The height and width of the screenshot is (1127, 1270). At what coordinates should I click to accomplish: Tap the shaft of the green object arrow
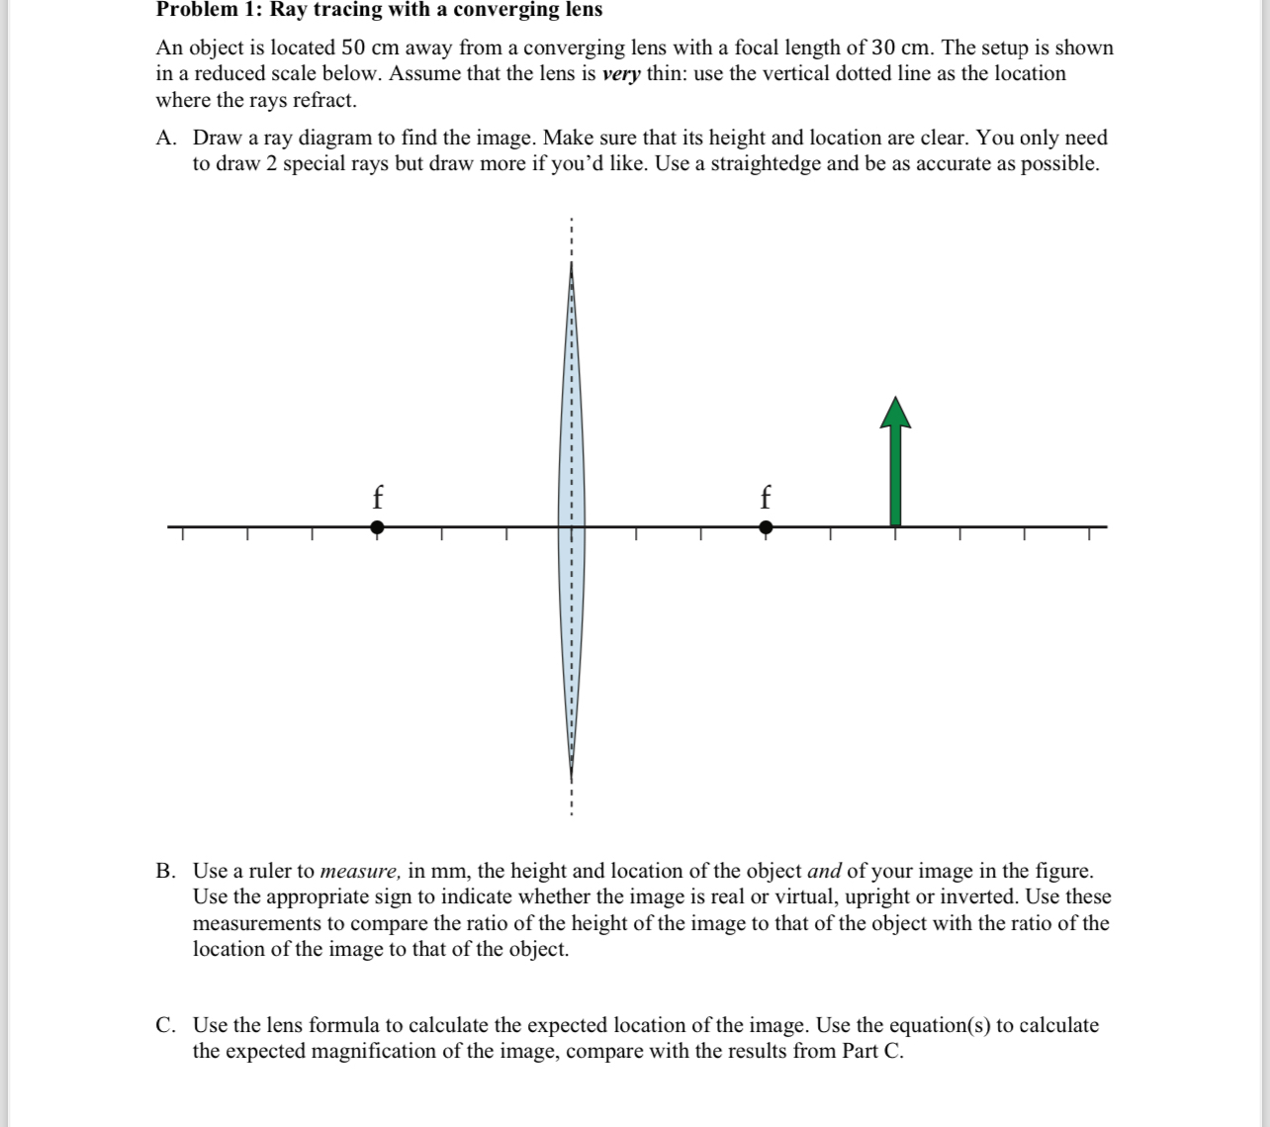(895, 475)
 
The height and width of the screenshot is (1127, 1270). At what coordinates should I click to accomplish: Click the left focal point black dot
(377, 527)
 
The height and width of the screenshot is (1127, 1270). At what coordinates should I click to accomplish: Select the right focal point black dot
(766, 527)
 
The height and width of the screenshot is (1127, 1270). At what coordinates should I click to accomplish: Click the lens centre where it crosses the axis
(571, 526)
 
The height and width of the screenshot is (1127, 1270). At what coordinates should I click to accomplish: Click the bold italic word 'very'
(621, 74)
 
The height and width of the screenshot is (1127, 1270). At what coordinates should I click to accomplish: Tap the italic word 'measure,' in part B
(361, 872)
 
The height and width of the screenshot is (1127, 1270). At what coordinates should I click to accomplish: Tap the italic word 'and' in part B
(824, 872)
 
